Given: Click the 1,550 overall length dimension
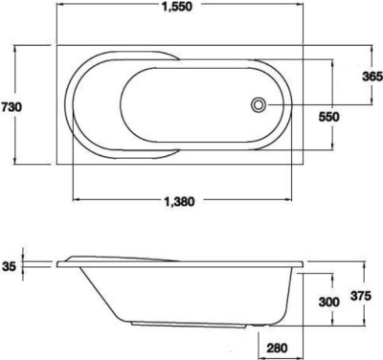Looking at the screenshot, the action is pyautogui.click(x=177, y=7).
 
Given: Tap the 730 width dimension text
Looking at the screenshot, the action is pyautogui.click(x=11, y=106).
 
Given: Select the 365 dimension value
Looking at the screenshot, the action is pyautogui.click(x=372, y=77).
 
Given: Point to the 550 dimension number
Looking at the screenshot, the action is pyautogui.click(x=329, y=117).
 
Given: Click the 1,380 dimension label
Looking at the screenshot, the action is pyautogui.click(x=179, y=202).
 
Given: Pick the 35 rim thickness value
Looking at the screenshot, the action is pyautogui.click(x=9, y=266).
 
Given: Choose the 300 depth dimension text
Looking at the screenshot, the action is pyautogui.click(x=329, y=302).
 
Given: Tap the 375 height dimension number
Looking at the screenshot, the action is pyautogui.click(x=361, y=296).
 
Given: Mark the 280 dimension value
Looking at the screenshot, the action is pyautogui.click(x=277, y=348).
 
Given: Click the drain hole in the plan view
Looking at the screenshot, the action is pyautogui.click(x=258, y=104).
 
